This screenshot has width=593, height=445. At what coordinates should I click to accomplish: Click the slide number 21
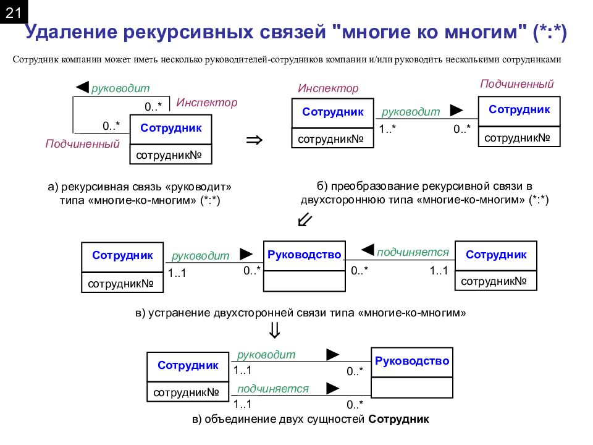pyautogui.click(x=13, y=13)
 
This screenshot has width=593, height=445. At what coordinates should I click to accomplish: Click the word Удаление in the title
pyautogui.click(x=71, y=32)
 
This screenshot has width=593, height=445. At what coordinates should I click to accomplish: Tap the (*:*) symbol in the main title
pyautogui.click(x=550, y=32)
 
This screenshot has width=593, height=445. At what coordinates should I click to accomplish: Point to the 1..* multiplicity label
pyautogui.click(x=387, y=129)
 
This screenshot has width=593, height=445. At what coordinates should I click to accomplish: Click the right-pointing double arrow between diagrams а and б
pyautogui.click(x=254, y=140)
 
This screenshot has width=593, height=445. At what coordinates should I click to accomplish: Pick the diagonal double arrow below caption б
pyautogui.click(x=305, y=219)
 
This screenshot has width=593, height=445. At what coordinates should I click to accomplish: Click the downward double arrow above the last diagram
pyautogui.click(x=274, y=330)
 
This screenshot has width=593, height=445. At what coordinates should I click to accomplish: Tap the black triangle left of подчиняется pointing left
pyautogui.click(x=368, y=250)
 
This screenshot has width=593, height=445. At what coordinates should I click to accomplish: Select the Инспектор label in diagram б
pyautogui.click(x=328, y=88)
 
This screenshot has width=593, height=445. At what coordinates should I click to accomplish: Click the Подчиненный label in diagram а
pyautogui.click(x=82, y=144)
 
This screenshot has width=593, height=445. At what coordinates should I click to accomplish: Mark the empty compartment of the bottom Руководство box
pyautogui.click(x=412, y=388)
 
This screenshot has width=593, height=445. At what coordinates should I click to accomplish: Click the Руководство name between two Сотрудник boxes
pyautogui.click(x=304, y=255)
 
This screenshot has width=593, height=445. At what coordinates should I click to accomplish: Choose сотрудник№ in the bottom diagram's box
pyautogui.click(x=186, y=392)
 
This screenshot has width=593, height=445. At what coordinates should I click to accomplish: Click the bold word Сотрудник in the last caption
pyautogui.click(x=398, y=419)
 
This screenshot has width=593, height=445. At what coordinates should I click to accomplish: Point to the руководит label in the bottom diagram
pyautogui.click(x=266, y=355)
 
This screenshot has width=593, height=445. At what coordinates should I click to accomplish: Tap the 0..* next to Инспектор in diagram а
pyautogui.click(x=153, y=107)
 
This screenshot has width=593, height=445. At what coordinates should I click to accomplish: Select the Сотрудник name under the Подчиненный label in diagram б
pyautogui.click(x=519, y=109)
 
